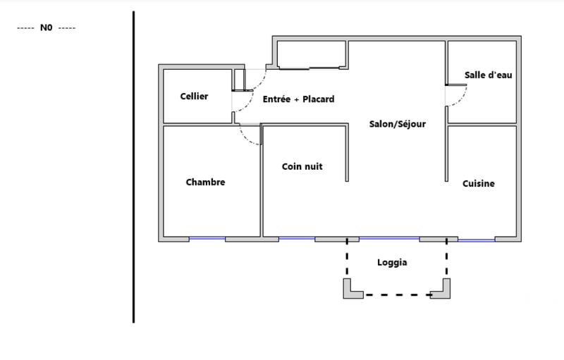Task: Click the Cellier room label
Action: tap(194, 97)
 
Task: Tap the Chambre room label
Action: tap(205, 182)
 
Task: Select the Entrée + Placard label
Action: tap(298, 100)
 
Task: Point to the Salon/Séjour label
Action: tap(398, 124)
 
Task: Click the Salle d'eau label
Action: tap(488, 75)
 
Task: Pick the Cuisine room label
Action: tap(479, 184)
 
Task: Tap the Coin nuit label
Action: tap(302, 167)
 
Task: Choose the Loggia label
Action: tap(393, 263)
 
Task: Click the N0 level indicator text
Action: tap(47, 27)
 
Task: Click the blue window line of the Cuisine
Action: tap(477, 240)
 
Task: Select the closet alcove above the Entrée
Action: tap(311, 54)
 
